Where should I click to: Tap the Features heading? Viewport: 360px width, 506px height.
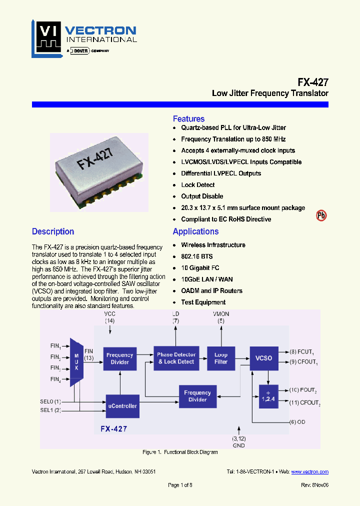pos(188,119)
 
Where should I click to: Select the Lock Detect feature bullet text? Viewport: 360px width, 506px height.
pos(198,185)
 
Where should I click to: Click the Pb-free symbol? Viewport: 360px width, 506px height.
pos(321,215)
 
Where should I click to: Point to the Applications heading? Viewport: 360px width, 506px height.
pos(195,231)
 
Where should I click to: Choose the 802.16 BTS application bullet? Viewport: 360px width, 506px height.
pos(196,256)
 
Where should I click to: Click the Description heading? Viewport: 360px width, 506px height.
pos(53,231)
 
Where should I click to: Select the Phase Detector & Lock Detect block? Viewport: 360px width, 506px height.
pos(176,358)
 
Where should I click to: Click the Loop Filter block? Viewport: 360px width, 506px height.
pos(220,358)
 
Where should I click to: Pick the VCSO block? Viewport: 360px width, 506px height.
pos(263,358)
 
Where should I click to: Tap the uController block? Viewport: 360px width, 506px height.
pos(121,406)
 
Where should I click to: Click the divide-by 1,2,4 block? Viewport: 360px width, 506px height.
pos(268,397)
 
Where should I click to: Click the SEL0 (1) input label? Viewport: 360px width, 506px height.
pos(50,401)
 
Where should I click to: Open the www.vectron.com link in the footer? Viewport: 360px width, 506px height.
pos(309,471)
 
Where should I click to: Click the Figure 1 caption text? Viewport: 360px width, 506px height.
pos(180,452)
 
